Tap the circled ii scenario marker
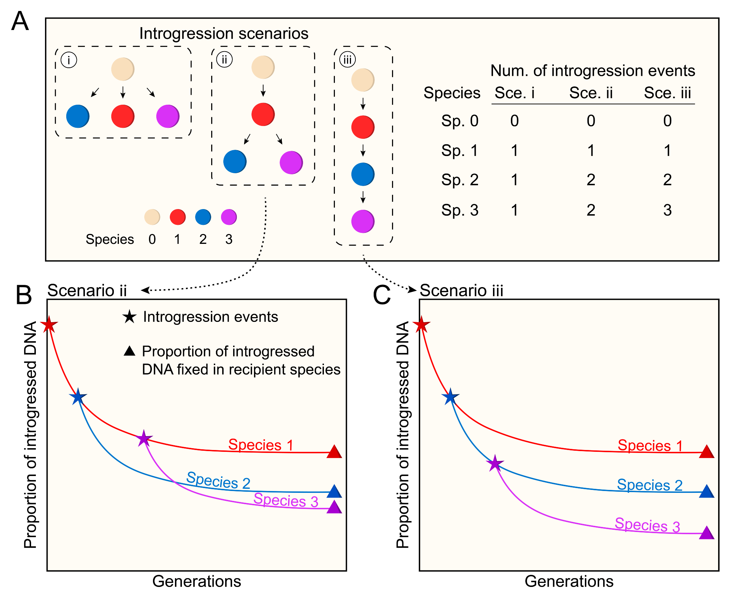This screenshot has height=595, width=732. [x=224, y=60]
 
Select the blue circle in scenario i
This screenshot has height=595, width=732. [x=78, y=116]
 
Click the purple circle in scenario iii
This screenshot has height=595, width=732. [x=363, y=221]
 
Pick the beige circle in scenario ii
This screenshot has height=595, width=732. [x=263, y=67]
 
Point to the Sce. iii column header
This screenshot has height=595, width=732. [x=667, y=93]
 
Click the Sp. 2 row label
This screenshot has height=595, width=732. [x=460, y=180]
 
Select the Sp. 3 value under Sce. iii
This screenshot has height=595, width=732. [x=667, y=210]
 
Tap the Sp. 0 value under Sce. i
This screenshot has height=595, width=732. [x=514, y=121]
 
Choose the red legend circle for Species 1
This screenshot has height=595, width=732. [x=178, y=217]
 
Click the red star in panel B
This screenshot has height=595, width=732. [x=49, y=324]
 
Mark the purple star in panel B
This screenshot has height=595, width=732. [x=144, y=438]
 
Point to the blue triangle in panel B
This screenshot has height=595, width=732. [x=334, y=491]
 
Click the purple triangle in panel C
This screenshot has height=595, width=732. [x=706, y=533]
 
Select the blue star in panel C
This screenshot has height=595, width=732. [x=450, y=397]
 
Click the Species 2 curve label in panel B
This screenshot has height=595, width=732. [x=218, y=480]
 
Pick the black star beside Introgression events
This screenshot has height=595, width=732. [x=129, y=317]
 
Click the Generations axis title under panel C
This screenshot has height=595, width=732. [x=569, y=581]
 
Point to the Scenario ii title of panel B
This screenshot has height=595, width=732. [x=87, y=291]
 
